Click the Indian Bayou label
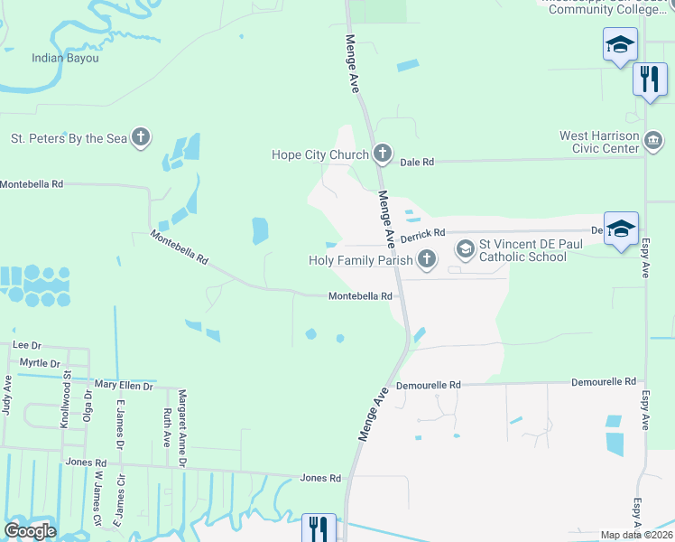pyautogui.click(x=65, y=58)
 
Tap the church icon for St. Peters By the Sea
pyautogui.click(x=140, y=138)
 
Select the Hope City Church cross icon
pyautogui.click(x=382, y=154)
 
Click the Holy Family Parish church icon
pyautogui.click(x=426, y=260)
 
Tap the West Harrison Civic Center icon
pyautogui.click(x=653, y=140)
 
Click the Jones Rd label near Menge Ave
pyautogui.click(x=320, y=478)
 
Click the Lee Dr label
pyautogui.click(x=27, y=345)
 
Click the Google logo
pyautogui.click(x=30, y=531)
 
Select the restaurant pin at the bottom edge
pyautogui.click(x=319, y=528)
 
